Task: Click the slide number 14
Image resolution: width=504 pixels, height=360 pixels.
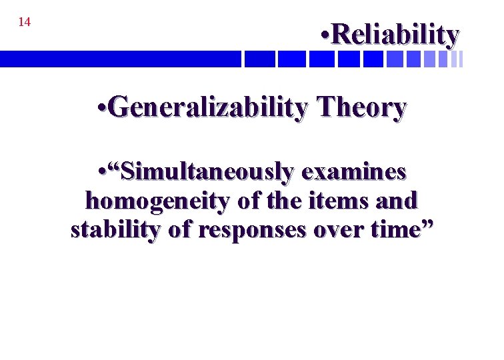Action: tap(24, 23)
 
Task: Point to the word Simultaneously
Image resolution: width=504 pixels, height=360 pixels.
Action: tap(206, 172)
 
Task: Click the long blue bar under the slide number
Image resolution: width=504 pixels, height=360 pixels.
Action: tap(120, 59)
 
